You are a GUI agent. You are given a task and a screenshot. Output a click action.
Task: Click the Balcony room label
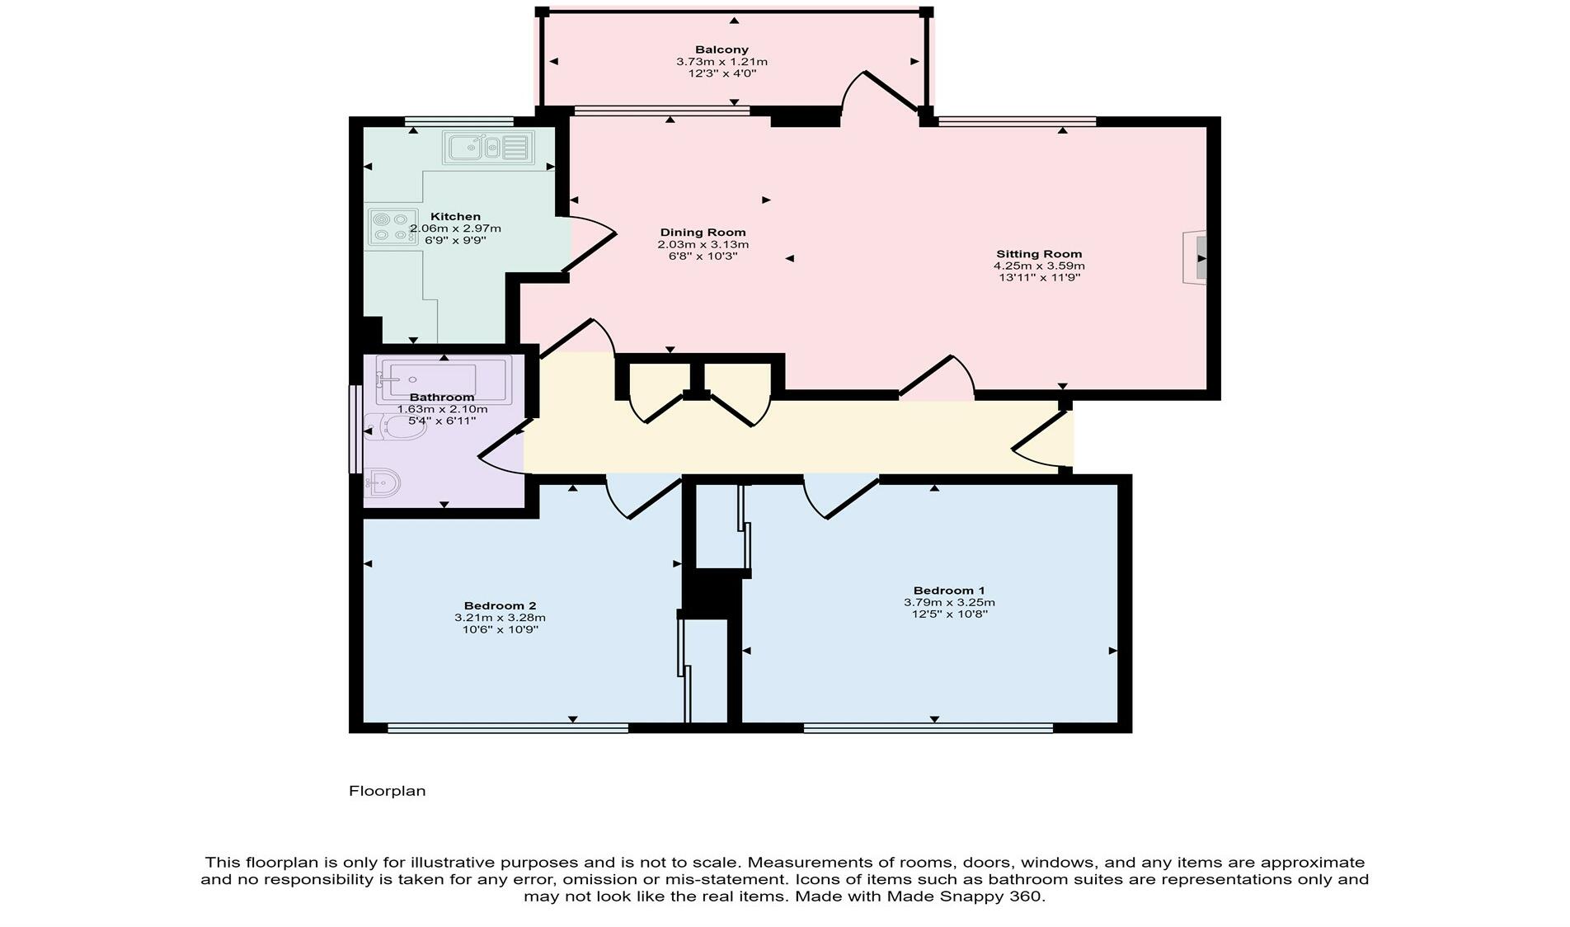722,49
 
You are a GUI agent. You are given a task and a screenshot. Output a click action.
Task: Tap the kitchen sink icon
487,148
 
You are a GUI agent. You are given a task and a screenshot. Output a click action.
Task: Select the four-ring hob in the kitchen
392,227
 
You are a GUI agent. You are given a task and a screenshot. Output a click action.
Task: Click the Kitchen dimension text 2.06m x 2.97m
455,228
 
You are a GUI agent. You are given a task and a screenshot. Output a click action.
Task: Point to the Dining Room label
703,233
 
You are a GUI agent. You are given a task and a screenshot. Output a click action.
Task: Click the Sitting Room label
1039,254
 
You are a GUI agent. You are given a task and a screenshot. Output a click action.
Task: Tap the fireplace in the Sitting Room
1196,258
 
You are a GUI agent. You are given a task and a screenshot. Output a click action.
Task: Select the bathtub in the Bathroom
444,379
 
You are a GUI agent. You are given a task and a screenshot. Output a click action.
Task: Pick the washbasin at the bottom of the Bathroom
383,482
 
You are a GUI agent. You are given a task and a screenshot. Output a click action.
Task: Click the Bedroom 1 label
949,591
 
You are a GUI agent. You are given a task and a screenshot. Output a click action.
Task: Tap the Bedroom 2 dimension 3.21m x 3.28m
500,618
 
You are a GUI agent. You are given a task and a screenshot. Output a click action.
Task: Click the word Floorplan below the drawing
387,791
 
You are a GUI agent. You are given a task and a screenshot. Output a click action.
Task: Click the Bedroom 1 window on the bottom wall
928,727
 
